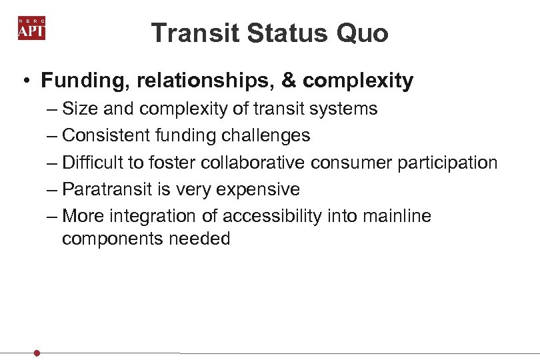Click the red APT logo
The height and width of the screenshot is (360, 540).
click(x=31, y=29)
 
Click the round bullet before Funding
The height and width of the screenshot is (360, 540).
click(x=24, y=81)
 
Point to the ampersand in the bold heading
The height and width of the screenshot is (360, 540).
click(x=289, y=81)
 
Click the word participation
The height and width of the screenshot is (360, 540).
click(x=448, y=163)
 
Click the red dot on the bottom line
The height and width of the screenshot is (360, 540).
click(x=37, y=353)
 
